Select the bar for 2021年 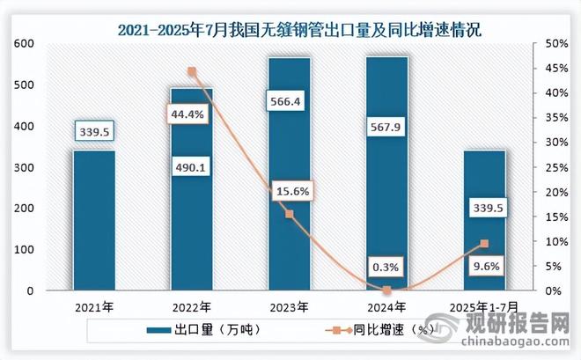tap(94, 220)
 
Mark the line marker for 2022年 tap(192, 72)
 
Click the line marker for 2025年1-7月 tap(484, 244)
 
